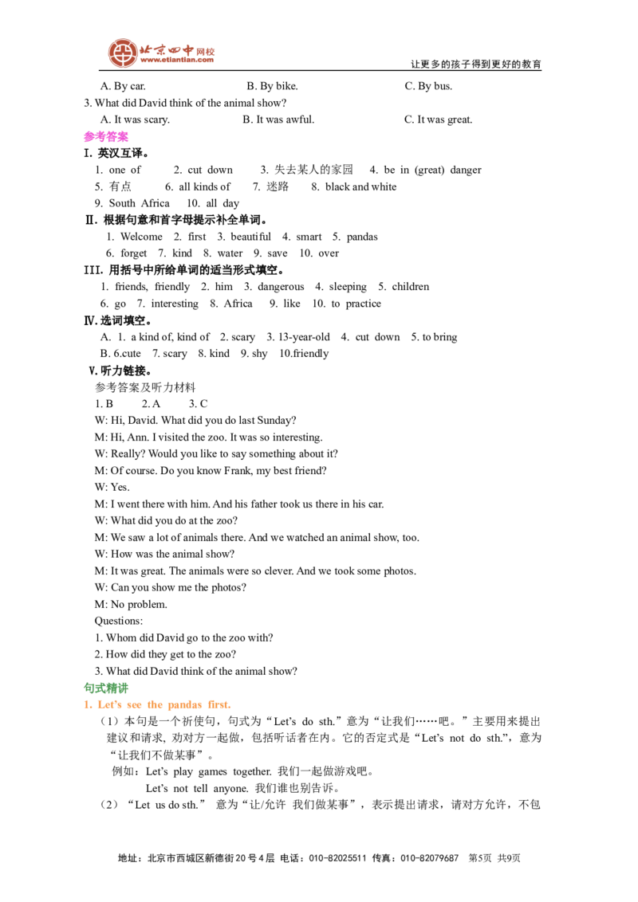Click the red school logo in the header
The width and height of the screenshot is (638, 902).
coord(123,53)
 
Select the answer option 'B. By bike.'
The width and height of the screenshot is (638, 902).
coord(273,86)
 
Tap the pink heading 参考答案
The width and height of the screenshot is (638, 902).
coord(106,136)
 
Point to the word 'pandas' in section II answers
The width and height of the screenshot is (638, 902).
coord(362,237)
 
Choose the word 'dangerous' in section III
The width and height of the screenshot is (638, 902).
coord(281,287)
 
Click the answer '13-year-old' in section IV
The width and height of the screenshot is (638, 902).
coord(304,337)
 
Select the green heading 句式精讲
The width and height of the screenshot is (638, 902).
coord(106,688)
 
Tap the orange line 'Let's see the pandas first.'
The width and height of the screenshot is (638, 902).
coord(157,704)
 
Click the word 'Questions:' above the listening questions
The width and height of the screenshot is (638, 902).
coord(119,622)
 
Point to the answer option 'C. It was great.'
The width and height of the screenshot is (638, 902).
coord(438,120)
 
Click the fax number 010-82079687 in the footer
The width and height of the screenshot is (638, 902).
coord(430,858)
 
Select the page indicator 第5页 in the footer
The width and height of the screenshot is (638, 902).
coord(480,858)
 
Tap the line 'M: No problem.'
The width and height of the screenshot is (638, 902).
coord(131,605)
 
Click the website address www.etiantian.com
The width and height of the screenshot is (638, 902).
coord(177,60)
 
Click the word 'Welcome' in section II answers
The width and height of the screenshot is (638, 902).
coord(142,237)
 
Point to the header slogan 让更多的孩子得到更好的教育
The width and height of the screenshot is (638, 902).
coord(476,65)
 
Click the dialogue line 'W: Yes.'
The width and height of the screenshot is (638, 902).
coord(112,487)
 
